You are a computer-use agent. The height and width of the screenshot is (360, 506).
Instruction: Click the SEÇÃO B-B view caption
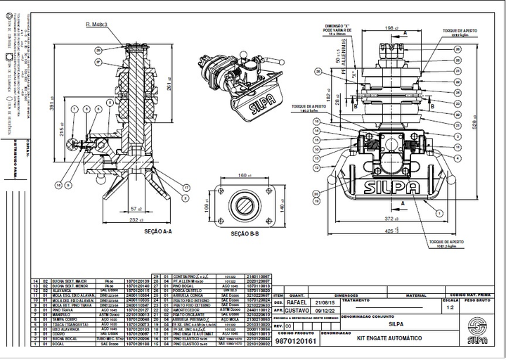click(x=245, y=233)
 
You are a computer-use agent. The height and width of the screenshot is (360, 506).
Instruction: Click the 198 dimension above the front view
click(x=389, y=29)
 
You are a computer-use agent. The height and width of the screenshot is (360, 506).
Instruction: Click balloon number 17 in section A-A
click(x=188, y=187)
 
